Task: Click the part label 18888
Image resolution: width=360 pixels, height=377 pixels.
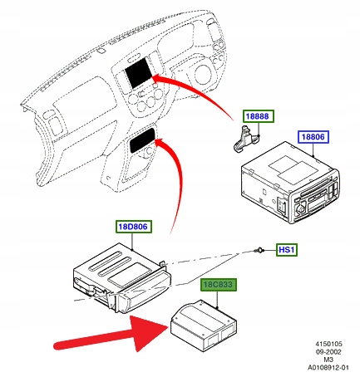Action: [x=259, y=116]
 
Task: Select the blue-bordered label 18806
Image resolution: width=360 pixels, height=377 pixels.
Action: [x=313, y=137]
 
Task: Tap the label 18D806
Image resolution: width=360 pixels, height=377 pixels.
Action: [x=134, y=227]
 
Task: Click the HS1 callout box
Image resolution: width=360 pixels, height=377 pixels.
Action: [x=286, y=250]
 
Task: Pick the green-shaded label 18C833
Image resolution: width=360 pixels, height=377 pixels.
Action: [x=219, y=285]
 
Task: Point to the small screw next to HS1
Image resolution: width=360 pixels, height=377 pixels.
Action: [x=259, y=251]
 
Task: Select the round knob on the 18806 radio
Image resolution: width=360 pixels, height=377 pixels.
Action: [x=300, y=208]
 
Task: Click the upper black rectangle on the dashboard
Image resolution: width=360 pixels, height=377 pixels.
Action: [x=138, y=73]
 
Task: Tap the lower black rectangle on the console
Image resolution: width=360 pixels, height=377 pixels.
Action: [x=142, y=140]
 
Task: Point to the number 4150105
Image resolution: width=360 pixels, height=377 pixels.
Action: [x=328, y=344]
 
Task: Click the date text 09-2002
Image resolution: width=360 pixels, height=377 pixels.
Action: [x=328, y=352]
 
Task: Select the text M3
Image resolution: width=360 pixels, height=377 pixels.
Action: [x=328, y=360]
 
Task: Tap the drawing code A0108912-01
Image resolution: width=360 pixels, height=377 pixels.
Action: [x=328, y=368]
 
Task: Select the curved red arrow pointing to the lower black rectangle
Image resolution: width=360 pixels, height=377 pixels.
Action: [x=179, y=177]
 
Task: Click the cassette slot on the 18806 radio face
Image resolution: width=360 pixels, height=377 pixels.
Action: [x=318, y=204]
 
